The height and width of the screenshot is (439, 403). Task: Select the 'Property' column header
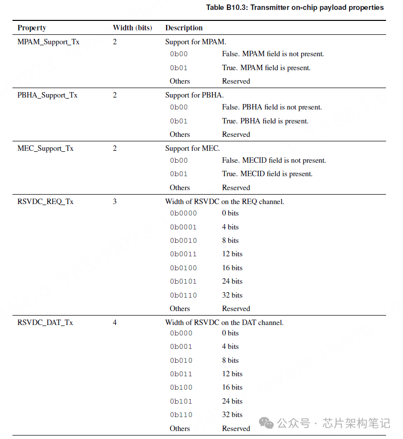31,28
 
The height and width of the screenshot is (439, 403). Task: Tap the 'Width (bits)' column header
132,28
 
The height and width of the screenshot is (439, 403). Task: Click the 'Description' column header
184,28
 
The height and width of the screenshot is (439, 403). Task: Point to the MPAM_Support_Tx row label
48,42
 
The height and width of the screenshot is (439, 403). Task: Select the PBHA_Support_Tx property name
47,95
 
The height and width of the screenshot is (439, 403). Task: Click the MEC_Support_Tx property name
45,148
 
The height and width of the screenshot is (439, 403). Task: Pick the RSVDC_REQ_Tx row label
45,202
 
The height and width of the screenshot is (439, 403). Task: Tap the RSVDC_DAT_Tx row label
45,323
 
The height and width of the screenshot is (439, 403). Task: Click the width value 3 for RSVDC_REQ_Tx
115,202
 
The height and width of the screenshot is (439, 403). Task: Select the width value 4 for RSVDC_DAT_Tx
115,323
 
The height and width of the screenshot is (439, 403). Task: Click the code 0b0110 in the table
183,295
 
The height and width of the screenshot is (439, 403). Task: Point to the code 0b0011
183,254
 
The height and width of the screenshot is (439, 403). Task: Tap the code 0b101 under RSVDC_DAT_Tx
181,401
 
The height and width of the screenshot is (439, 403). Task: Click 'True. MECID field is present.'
267,174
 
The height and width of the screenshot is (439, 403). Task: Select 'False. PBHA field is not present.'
272,107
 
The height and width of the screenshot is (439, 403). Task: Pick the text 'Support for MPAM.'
196,42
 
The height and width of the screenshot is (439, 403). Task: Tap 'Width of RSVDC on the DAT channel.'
224,323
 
